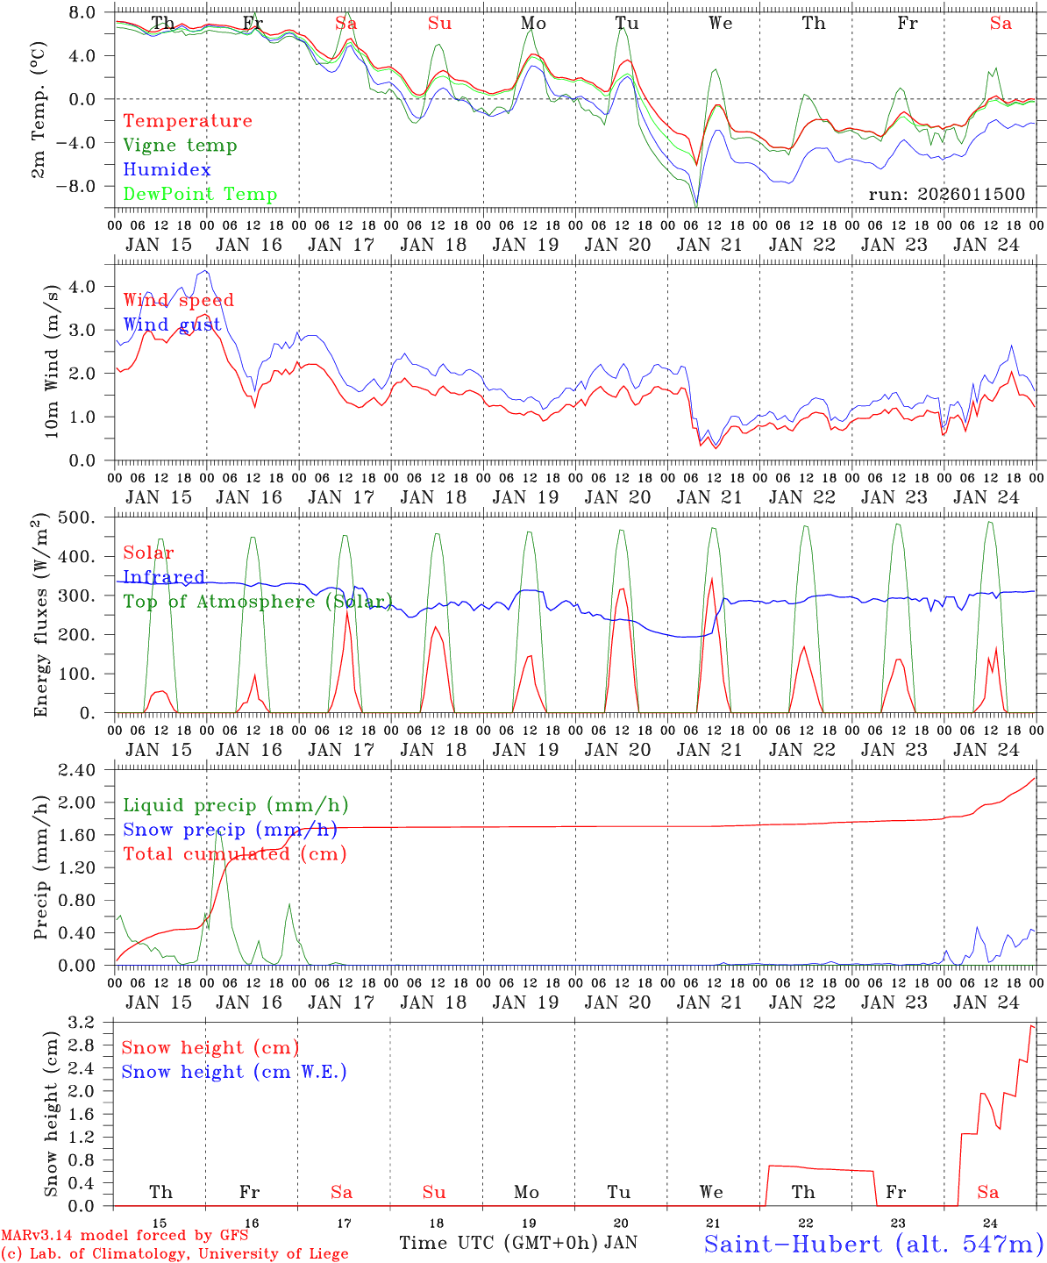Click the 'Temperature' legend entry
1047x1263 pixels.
click(x=188, y=121)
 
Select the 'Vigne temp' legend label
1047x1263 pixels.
click(x=180, y=146)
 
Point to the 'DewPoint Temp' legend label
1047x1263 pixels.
click(x=200, y=195)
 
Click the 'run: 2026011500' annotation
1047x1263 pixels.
click(x=946, y=195)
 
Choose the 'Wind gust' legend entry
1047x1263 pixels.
click(x=172, y=325)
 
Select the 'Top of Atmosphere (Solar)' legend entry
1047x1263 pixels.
click(x=257, y=602)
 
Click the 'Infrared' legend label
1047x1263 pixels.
click(x=164, y=577)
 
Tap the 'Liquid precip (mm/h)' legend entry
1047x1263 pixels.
click(x=235, y=805)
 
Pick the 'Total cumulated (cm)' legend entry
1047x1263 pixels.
click(x=234, y=854)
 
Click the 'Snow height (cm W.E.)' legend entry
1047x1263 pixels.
click(x=233, y=1072)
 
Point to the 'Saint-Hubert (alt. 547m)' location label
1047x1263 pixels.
click(x=873, y=1244)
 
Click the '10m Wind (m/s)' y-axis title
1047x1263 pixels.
click(x=53, y=361)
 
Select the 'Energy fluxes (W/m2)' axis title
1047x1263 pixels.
click(x=40, y=617)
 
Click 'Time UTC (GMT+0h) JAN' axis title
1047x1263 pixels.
click(x=517, y=1243)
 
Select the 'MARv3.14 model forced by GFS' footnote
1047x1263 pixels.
click(x=125, y=1236)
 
